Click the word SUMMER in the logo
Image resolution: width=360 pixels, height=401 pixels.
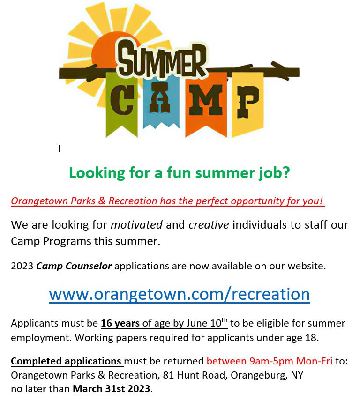(x=162, y=59)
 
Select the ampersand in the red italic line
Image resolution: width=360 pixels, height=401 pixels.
(x=102, y=201)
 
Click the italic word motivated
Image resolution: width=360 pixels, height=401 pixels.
(x=136, y=225)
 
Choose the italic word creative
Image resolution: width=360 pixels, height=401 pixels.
(x=209, y=225)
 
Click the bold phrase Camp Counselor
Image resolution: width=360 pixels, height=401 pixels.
(x=74, y=266)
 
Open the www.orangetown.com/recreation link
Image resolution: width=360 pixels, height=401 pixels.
(x=180, y=294)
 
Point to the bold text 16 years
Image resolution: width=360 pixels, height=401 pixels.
(x=120, y=323)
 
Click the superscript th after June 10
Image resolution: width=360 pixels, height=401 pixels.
(x=225, y=320)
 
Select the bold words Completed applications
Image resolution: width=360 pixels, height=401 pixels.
(x=66, y=361)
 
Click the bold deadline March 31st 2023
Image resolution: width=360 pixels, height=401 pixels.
(x=112, y=389)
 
